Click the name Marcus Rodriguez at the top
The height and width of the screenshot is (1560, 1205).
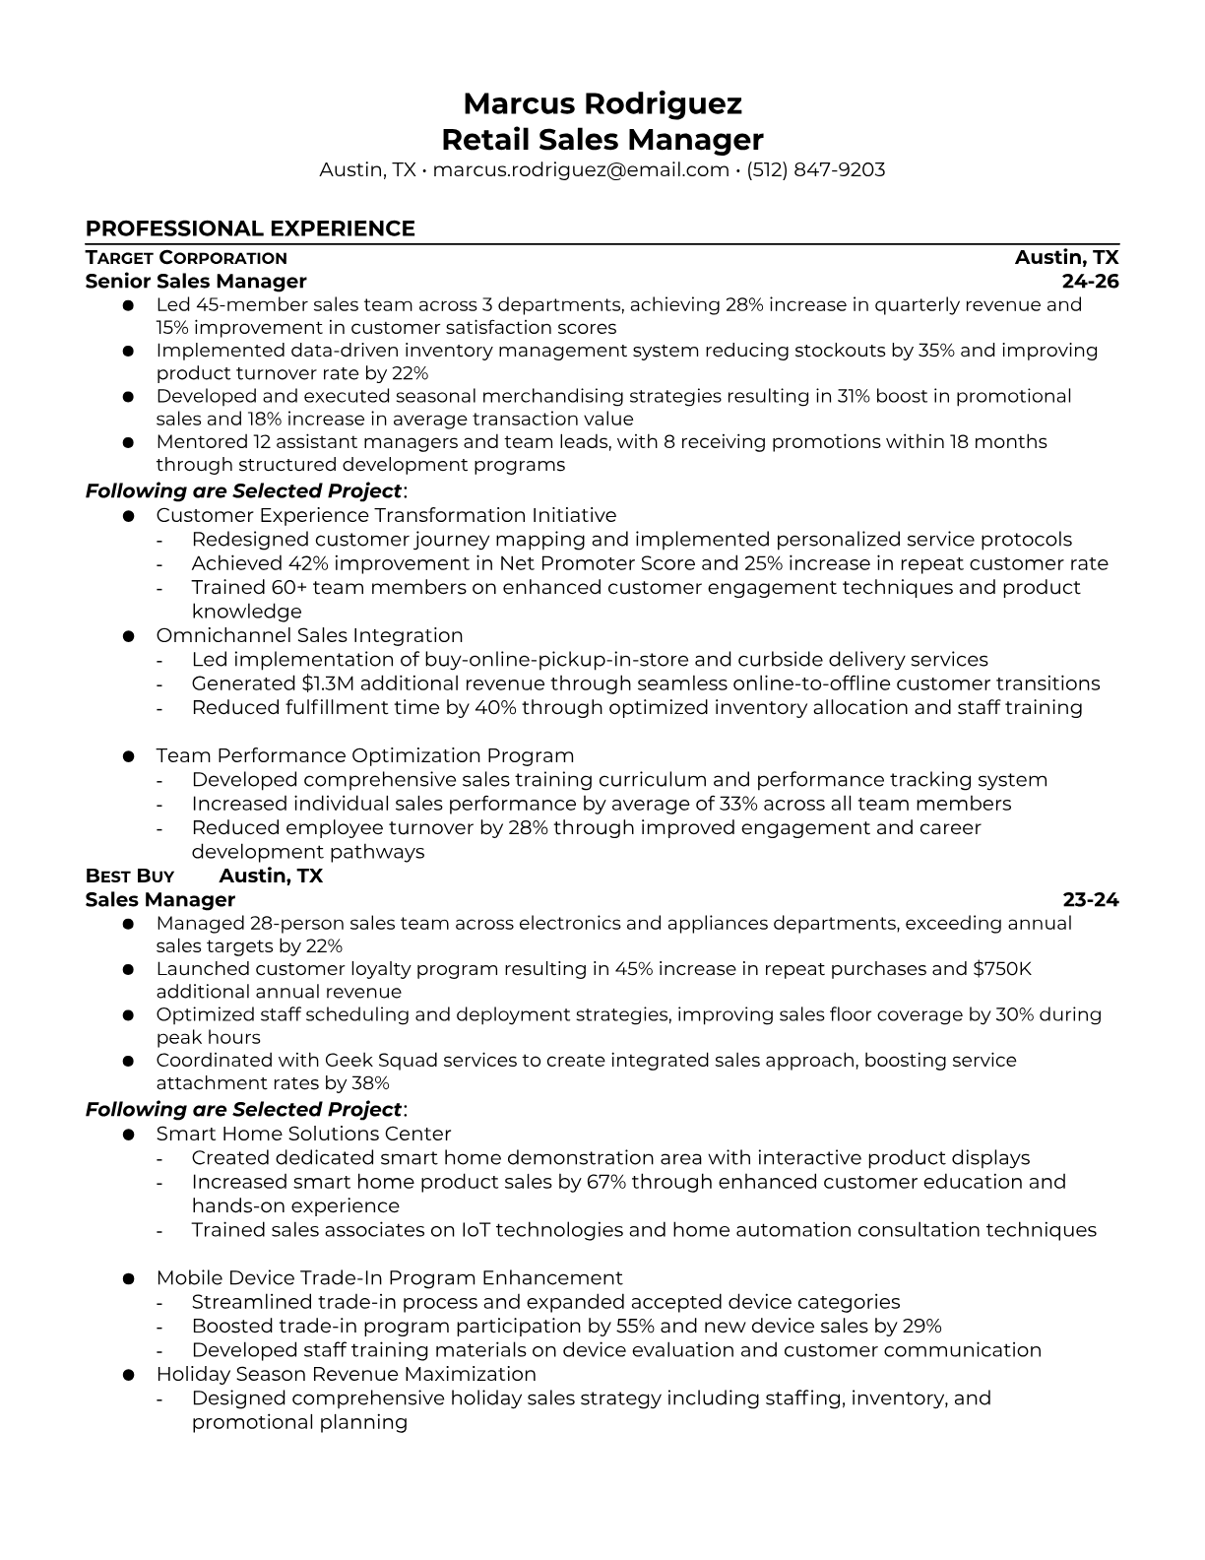pos(602,103)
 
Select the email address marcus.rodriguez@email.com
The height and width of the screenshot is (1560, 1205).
pos(580,170)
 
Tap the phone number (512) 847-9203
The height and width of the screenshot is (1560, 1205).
pos(815,170)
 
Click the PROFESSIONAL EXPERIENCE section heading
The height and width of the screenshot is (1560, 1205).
pos(250,228)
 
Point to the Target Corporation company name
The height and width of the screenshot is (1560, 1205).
pos(186,258)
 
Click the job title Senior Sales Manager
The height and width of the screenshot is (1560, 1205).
pos(196,282)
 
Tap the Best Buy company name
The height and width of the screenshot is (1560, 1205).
pos(130,877)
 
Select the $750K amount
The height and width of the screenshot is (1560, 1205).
pos(1001,969)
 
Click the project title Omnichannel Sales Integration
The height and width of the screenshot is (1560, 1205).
pos(309,636)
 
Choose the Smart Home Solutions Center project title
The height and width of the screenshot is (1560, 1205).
pos(303,1135)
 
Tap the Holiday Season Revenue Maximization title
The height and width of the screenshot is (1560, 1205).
pos(346,1375)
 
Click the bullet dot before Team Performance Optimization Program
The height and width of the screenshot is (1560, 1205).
pos(128,756)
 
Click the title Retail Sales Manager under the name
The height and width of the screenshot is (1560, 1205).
pos(602,139)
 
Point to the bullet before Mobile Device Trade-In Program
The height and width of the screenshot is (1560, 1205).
pos(128,1278)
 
